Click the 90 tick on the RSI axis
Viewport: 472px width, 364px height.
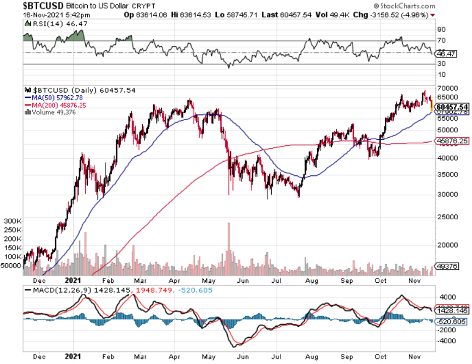(441, 29)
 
